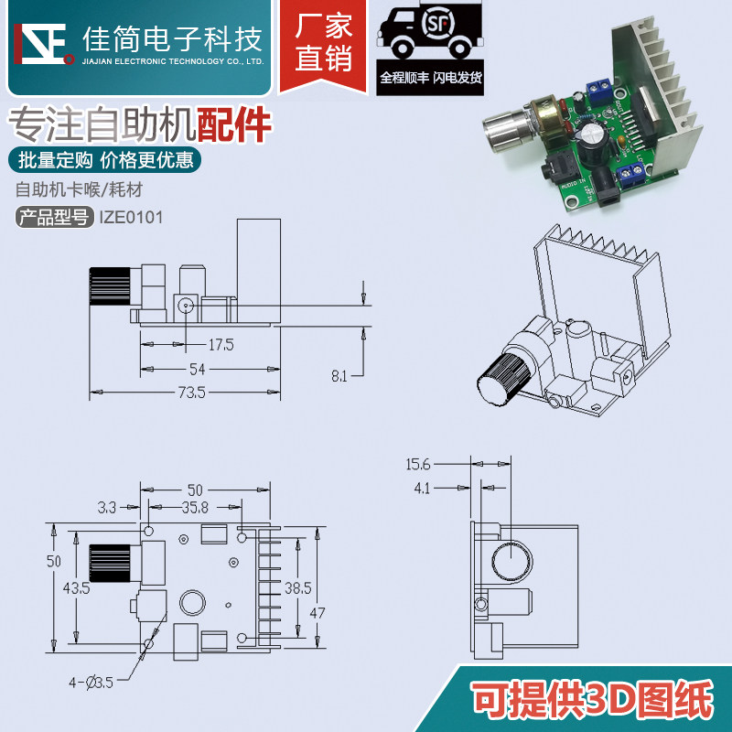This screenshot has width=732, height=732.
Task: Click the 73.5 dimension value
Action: click(x=192, y=393)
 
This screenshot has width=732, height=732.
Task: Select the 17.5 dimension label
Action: click(x=221, y=345)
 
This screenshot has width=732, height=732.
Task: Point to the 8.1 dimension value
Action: click(x=339, y=375)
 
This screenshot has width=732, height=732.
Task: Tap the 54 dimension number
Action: click(x=197, y=369)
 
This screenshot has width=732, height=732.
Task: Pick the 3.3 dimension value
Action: click(x=105, y=505)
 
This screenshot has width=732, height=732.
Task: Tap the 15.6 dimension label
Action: click(x=418, y=465)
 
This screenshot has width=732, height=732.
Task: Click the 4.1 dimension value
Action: click(x=422, y=489)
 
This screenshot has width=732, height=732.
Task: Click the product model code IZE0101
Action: click(x=130, y=218)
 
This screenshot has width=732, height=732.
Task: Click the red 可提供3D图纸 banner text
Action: click(x=591, y=701)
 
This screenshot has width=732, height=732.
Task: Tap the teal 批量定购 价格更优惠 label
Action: click(x=106, y=160)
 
